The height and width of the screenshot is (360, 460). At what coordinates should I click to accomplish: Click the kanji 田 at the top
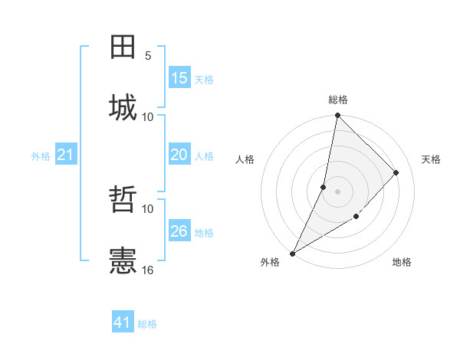tap(123, 47)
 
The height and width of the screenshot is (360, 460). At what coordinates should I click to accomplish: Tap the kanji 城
tap(123, 107)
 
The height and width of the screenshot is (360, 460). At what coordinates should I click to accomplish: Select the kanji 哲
tap(123, 201)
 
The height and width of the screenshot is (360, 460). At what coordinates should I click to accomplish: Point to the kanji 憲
tap(123, 260)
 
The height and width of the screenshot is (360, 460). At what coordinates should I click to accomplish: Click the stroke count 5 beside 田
tap(148, 56)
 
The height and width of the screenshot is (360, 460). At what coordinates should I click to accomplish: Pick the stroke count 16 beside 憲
tap(148, 270)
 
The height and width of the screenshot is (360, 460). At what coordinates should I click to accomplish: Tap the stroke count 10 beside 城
tap(148, 116)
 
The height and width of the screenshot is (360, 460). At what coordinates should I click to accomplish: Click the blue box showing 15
tap(179, 78)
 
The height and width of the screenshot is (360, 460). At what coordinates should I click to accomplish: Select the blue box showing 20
tap(179, 155)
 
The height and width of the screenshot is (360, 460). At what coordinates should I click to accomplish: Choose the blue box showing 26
tap(179, 231)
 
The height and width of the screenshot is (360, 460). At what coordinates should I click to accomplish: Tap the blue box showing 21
tap(66, 155)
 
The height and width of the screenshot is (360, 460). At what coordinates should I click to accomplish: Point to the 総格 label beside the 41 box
tap(147, 324)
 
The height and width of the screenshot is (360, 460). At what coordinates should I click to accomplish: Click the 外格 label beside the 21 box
tap(41, 156)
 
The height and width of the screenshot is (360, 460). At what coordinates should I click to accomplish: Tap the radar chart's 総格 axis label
tap(338, 100)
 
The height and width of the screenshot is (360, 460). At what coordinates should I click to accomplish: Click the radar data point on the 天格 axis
tap(396, 172)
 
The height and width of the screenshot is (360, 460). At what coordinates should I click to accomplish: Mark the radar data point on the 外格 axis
tap(292, 254)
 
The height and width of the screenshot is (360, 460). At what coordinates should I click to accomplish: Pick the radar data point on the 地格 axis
tap(356, 217)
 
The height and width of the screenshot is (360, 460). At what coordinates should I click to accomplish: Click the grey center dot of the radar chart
tap(338, 191)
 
